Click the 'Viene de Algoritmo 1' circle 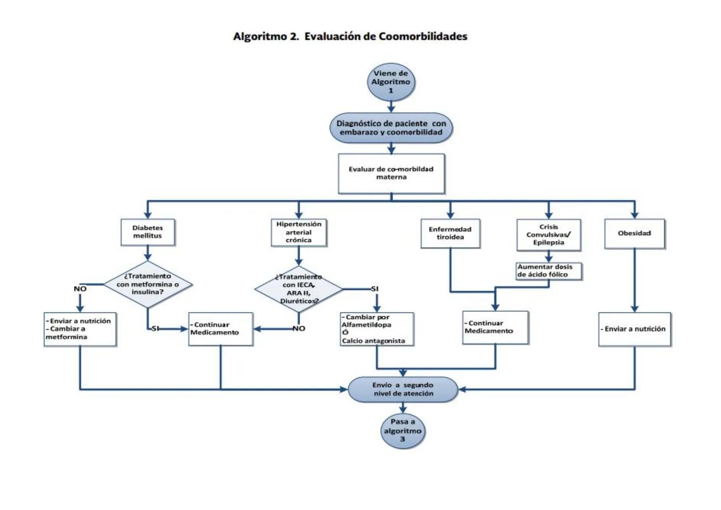click(390, 82)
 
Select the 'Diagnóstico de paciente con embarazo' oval click(391, 128)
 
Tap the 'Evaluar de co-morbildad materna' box click(391, 173)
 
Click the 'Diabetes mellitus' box click(147, 232)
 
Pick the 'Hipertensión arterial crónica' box click(298, 232)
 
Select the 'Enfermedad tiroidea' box click(450, 233)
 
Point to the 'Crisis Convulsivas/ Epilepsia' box click(548, 235)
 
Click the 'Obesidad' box click(634, 233)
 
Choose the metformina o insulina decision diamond click(148, 284)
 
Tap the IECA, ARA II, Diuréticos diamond click(298, 289)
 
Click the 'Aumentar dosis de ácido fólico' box click(548, 271)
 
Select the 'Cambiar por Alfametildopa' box click(377, 329)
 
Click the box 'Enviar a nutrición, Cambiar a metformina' click(80, 329)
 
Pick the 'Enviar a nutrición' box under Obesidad click(634, 329)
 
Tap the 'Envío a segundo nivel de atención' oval click(403, 390)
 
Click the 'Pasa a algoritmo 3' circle click(402, 431)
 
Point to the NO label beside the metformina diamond click(80, 289)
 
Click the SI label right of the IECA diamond click(374, 289)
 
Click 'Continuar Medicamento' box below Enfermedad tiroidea click(495, 327)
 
